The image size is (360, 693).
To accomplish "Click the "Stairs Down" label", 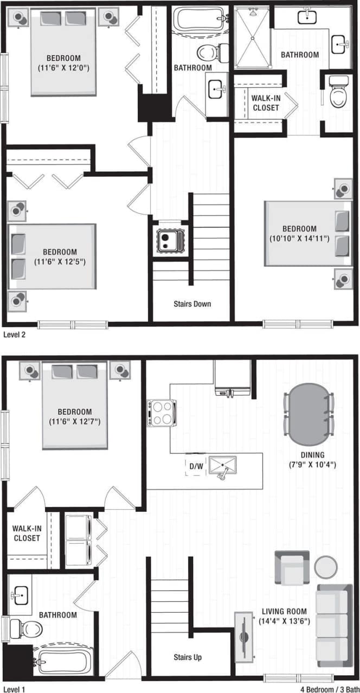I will pyautogui.click(x=192, y=304).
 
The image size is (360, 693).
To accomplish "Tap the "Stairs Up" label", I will pyautogui.click(x=188, y=657).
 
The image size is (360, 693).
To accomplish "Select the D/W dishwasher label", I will pyautogui.click(x=195, y=465).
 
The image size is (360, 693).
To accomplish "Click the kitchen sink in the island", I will pyautogui.click(x=223, y=466).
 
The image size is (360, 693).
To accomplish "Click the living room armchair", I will pyautogui.click(x=292, y=568).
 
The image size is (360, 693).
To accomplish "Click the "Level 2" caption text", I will pyautogui.click(x=14, y=335).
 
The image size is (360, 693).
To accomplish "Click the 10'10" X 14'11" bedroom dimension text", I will pyautogui.click(x=299, y=238).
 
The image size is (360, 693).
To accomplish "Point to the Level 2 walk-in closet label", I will pyautogui.click(x=266, y=102).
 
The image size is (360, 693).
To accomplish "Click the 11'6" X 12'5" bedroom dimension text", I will pyautogui.click(x=60, y=261).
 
